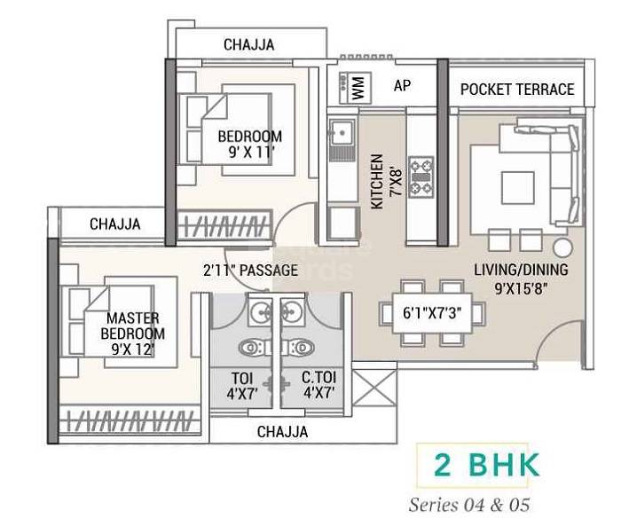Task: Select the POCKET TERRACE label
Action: [x=516, y=89]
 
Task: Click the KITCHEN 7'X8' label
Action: [x=383, y=181]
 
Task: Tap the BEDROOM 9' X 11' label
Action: [x=249, y=145]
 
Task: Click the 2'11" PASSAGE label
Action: [x=249, y=270]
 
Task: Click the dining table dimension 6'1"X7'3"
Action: [x=431, y=313]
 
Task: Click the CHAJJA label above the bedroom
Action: [x=248, y=44]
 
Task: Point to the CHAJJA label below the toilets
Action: [x=282, y=432]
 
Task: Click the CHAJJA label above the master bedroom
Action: [x=114, y=224]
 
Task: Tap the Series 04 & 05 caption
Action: [x=468, y=506]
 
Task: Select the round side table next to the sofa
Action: [x=562, y=246]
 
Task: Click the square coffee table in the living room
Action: [x=518, y=188]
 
